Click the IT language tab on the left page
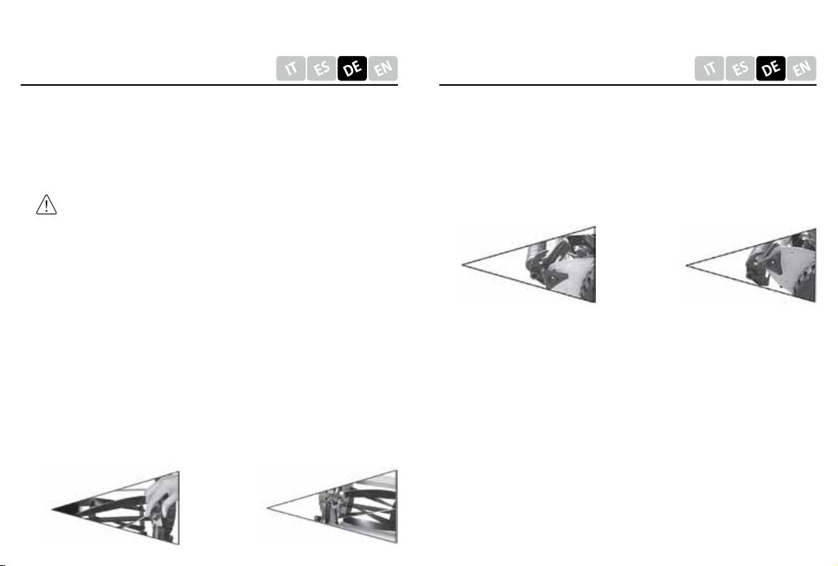[291, 69]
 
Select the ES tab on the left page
[321, 69]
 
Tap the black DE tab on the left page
[352, 69]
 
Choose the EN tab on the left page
[382, 69]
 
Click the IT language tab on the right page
[710, 69]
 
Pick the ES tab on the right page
[740, 69]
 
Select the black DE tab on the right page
[771, 69]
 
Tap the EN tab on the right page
[801, 69]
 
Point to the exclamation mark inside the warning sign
[47, 205]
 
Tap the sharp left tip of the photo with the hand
[52, 508]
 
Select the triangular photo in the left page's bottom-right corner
[332, 507]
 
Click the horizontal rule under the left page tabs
[210, 84]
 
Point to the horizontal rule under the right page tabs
[628, 84]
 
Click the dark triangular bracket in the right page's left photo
[551, 276]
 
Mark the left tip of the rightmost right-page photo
[687, 265]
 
